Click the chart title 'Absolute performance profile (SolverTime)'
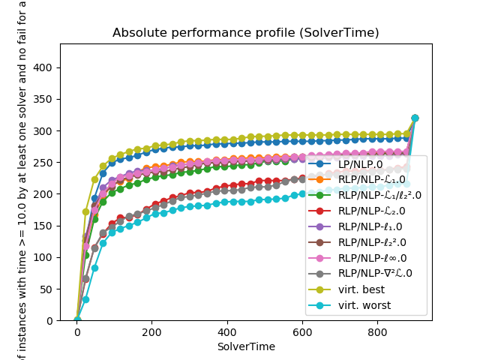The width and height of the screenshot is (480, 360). point(245,33)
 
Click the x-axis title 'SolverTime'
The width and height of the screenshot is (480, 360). point(245,346)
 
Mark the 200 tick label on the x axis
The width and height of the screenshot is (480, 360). point(151,332)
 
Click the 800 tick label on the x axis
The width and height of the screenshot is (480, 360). point(377,332)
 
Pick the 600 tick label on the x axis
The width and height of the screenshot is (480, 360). point(302,332)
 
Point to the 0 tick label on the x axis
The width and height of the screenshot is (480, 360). point(76,332)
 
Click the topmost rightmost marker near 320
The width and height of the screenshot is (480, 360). point(415,118)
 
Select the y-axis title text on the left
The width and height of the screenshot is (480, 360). point(22,180)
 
